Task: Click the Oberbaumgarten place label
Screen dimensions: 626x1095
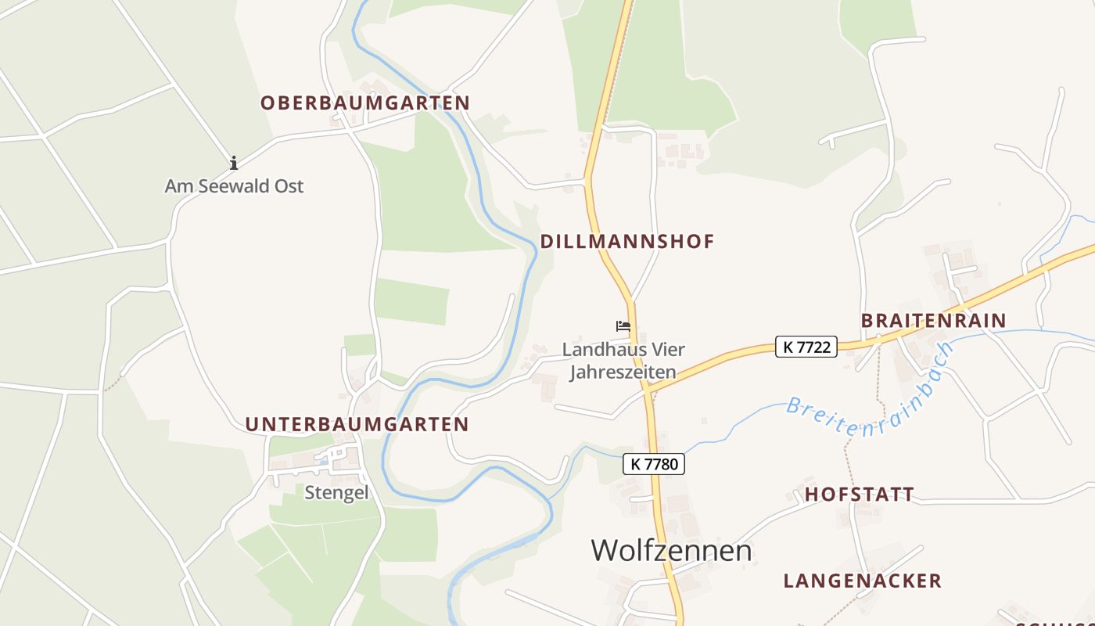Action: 365,103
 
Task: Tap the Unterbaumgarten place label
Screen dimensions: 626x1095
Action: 357,424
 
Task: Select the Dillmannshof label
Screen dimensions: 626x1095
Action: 627,241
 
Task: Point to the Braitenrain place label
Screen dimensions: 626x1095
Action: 933,320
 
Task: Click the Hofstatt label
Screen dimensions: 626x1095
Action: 860,494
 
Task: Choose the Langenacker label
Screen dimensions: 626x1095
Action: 863,581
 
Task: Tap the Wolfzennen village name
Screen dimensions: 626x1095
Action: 671,550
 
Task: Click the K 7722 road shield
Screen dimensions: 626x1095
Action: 806,347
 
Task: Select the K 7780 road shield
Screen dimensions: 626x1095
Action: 654,464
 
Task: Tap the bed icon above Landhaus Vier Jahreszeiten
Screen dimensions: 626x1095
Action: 623,326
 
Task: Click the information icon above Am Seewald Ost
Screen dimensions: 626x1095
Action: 233,163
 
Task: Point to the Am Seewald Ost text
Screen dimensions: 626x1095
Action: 234,186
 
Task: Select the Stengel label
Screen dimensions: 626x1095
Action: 336,493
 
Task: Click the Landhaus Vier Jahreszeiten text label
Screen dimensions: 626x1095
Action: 623,361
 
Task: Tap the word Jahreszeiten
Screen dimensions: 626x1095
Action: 623,372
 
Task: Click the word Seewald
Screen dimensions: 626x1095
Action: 234,186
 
